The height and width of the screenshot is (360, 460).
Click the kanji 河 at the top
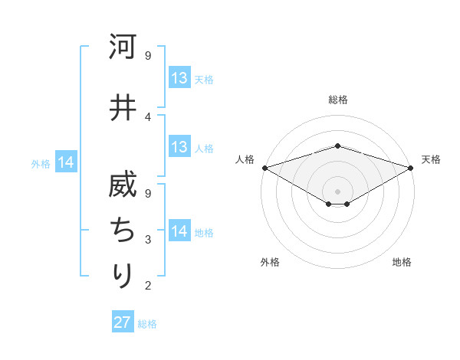tap(122, 47)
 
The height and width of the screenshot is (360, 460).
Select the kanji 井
tap(122, 108)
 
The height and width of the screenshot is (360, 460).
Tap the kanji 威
tap(122, 185)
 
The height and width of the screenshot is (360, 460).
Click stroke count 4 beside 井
tap(148, 116)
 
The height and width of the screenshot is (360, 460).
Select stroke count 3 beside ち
tap(148, 240)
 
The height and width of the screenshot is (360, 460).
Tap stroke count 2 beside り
tap(148, 286)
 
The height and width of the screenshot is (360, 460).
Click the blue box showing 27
tap(123, 322)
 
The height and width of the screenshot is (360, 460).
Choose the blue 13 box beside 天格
tap(179, 78)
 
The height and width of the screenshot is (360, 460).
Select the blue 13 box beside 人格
tap(179, 147)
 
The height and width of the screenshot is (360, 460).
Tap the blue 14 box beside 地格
tap(179, 232)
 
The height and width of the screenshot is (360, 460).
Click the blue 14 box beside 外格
tap(66, 162)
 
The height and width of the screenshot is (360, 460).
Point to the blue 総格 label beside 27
tap(147, 324)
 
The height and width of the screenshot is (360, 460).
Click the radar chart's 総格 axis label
tap(338, 100)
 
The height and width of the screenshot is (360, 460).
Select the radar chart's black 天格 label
tap(431, 159)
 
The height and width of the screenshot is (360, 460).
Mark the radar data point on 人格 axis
tap(264, 167)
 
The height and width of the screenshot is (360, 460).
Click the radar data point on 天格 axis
tap(411, 167)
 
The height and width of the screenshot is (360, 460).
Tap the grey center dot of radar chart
tap(337, 191)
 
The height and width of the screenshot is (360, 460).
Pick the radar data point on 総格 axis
tap(337, 146)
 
